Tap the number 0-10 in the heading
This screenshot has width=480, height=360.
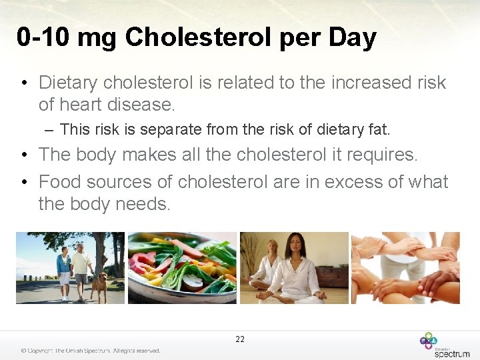(x=44, y=38)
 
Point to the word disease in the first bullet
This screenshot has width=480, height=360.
(x=138, y=105)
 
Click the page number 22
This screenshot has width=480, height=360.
(x=240, y=339)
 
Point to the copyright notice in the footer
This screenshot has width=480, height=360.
(x=90, y=351)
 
